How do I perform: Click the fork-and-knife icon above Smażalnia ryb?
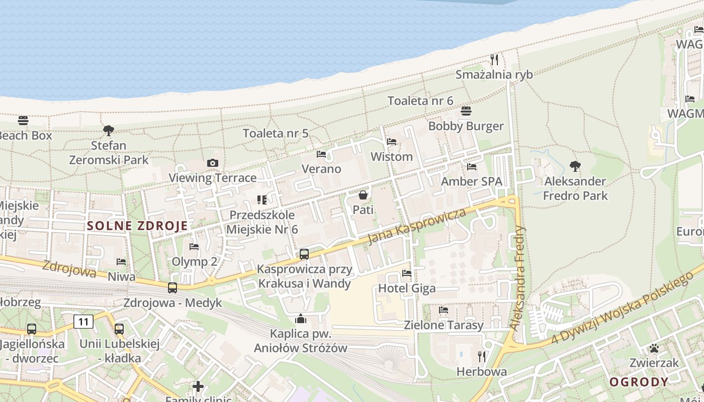tap(494, 60)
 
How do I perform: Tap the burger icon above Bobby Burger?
tap(466, 111)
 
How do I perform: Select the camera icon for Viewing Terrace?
tap(213, 163)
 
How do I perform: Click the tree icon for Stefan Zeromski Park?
tap(108, 131)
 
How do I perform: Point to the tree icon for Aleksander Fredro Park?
tap(575, 166)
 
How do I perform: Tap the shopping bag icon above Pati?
tap(363, 194)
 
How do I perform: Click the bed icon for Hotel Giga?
tap(407, 273)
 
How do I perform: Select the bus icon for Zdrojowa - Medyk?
tap(172, 288)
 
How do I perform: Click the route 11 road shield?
tap(83, 322)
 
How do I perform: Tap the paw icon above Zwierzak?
tap(654, 348)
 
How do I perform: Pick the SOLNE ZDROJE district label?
tap(137, 226)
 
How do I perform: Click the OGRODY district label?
tap(639, 382)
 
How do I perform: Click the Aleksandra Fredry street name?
tap(517, 278)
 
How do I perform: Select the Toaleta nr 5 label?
tap(276, 133)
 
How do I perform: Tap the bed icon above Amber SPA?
tap(471, 167)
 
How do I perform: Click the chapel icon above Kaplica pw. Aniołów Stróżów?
tap(301, 319)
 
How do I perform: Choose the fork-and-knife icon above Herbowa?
tap(482, 357)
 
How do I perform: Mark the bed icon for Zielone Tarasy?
tap(444, 310)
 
